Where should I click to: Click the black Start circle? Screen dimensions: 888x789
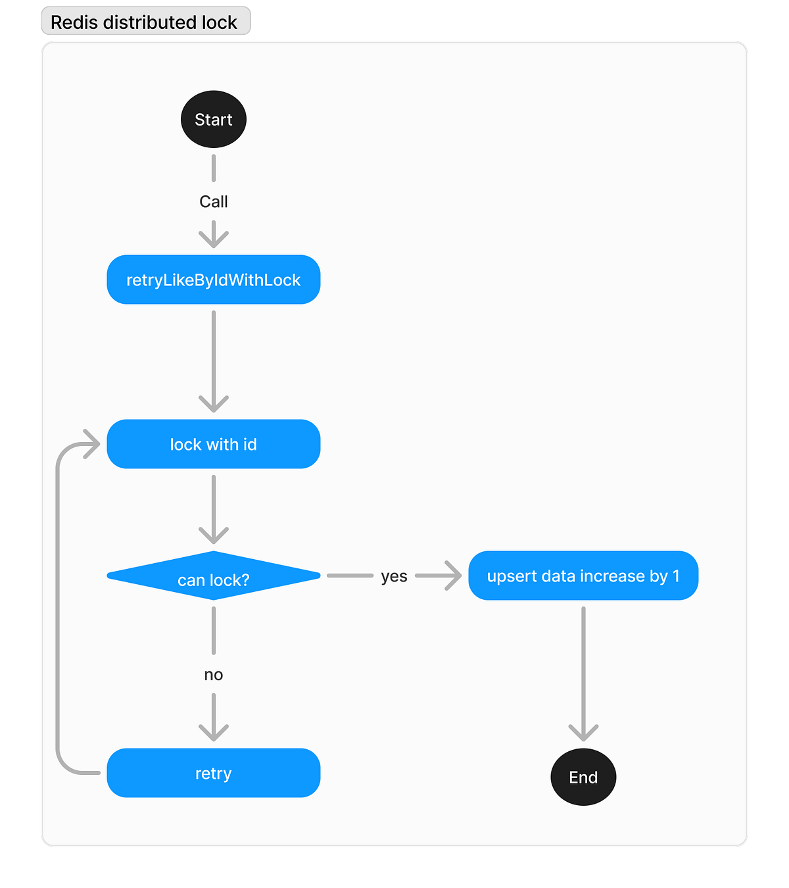tap(214, 119)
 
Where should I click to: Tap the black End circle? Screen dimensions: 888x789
tap(583, 777)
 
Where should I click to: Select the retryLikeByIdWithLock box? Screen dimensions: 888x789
tap(214, 280)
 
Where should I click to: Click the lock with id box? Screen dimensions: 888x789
tap(214, 444)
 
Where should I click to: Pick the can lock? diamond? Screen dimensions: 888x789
tap(214, 576)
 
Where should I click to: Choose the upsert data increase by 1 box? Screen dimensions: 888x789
tap(583, 576)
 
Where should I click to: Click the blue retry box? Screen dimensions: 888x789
tap(214, 773)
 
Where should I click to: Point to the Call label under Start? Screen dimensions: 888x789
tap(214, 201)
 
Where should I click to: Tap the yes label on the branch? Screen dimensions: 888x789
tap(394, 576)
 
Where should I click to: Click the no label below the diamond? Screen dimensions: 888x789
tap(214, 674)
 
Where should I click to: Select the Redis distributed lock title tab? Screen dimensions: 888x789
tap(145, 22)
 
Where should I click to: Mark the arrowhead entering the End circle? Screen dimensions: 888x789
tap(583, 733)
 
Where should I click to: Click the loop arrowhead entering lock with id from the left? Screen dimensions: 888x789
tap(92, 444)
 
